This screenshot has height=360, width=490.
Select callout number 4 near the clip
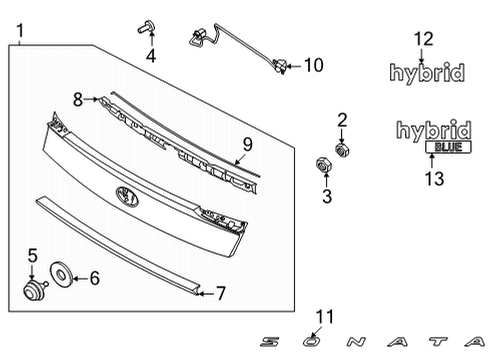coord(151,56)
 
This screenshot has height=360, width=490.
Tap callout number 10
coord(313,66)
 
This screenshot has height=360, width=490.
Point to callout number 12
coord(424,39)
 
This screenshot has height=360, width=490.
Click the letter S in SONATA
coord(269,341)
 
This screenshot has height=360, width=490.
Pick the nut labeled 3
coord(323,163)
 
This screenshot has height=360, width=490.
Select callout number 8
coord(78,98)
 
